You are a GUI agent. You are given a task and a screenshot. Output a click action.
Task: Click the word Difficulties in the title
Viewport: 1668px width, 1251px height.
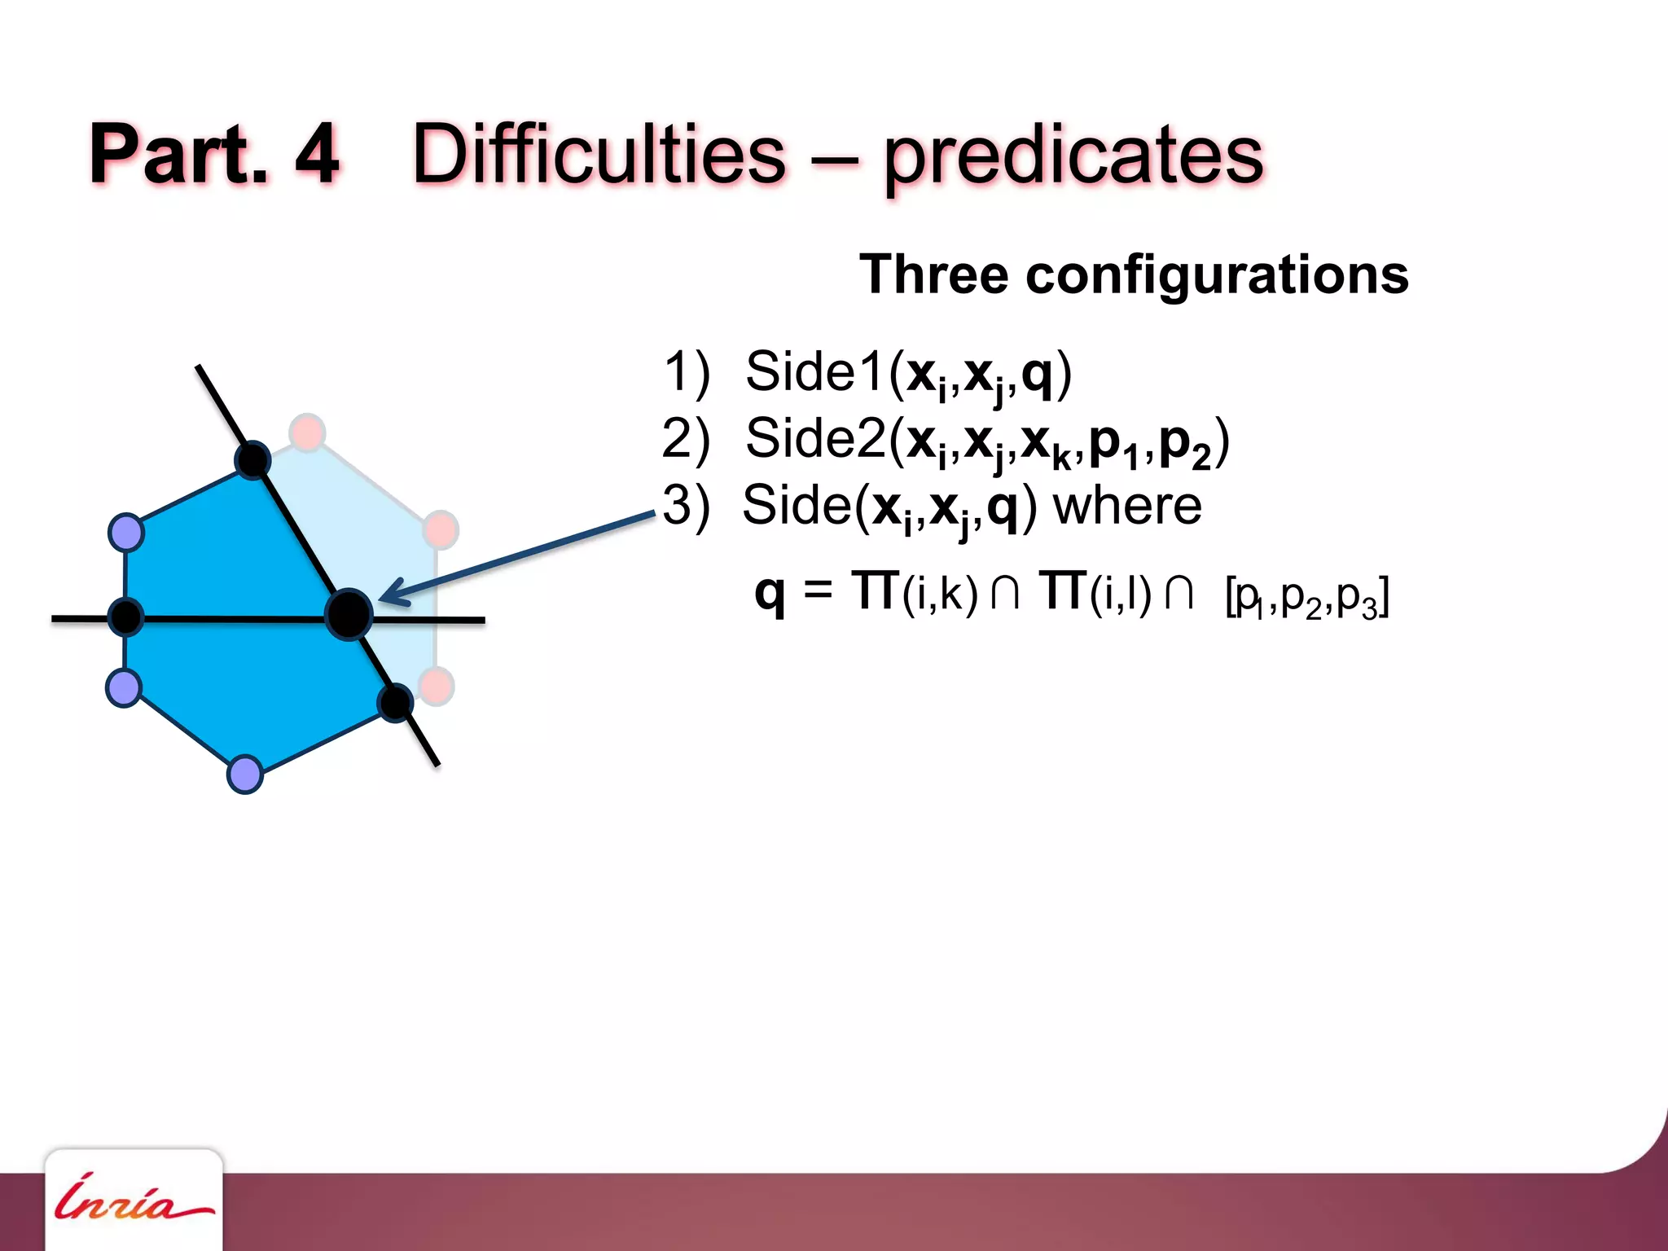pyautogui.click(x=599, y=155)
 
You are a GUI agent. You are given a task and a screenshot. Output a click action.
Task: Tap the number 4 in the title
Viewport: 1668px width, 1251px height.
pyautogui.click(x=316, y=155)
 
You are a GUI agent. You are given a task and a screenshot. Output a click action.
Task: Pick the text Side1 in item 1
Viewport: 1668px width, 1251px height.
pyautogui.click(x=815, y=371)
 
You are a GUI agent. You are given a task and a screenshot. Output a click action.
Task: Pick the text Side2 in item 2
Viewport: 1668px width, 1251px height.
pyautogui.click(x=815, y=439)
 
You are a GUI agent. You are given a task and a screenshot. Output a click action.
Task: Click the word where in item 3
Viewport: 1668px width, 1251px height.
pyautogui.click(x=1127, y=506)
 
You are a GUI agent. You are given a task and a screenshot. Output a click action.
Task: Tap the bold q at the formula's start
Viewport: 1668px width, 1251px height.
pyautogui.click(x=770, y=592)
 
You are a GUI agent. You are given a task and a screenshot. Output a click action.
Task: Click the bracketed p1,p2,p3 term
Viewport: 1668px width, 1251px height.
pyautogui.click(x=1306, y=599)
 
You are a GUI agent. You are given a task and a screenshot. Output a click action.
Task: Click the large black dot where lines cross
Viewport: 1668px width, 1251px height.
pyautogui.click(x=349, y=614)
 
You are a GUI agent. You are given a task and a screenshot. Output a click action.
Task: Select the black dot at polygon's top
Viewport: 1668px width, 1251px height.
pyautogui.click(x=252, y=460)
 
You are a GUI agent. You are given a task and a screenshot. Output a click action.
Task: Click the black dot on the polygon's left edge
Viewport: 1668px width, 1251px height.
pyautogui.click(x=125, y=617)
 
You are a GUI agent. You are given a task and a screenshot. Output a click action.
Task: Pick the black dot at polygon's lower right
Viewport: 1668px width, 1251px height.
pyautogui.click(x=396, y=703)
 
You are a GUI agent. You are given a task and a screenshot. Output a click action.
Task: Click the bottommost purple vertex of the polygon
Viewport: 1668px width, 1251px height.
pyautogui.click(x=244, y=774)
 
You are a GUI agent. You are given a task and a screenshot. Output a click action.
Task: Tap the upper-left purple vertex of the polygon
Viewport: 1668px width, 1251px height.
pyautogui.click(x=126, y=533)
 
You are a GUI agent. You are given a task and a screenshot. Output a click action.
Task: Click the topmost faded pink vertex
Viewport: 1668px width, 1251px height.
pyautogui.click(x=307, y=432)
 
